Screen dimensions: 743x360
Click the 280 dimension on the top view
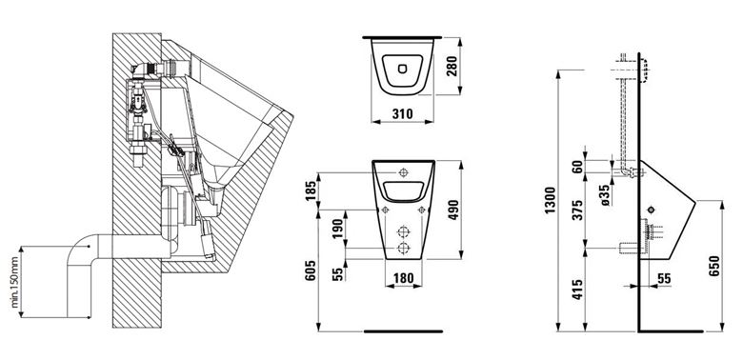pyautogui.click(x=452, y=66)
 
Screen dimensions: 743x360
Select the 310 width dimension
pyautogui.click(x=403, y=114)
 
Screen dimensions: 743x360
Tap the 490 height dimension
pyautogui.click(x=452, y=210)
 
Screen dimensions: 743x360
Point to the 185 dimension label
pyautogui.click(x=311, y=191)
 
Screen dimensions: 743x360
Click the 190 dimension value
pyautogui.click(x=337, y=230)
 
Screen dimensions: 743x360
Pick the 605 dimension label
pyautogui.click(x=311, y=270)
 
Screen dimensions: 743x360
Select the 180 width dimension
pyautogui.click(x=404, y=278)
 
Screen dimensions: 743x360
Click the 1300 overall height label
pyautogui.click(x=550, y=200)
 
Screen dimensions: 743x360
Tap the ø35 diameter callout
pyautogui.click(x=605, y=194)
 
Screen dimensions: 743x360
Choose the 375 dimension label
pyautogui.click(x=577, y=210)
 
